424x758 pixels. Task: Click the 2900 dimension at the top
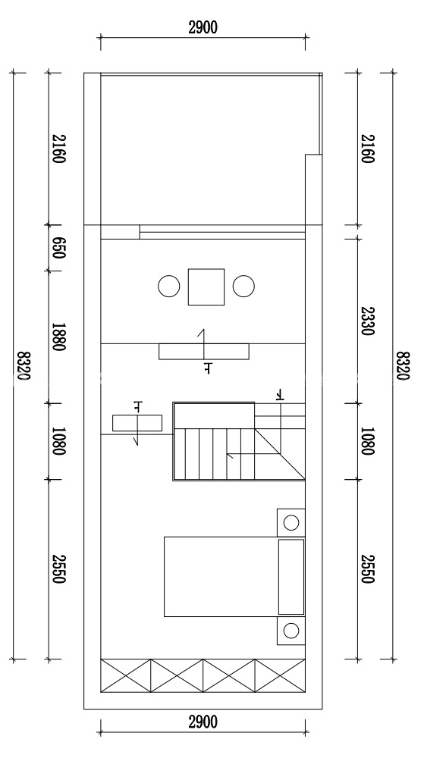click(x=203, y=27)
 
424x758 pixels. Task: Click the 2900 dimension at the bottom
click(x=203, y=722)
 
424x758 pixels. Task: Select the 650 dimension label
click(x=58, y=248)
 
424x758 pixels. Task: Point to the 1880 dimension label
click(x=58, y=337)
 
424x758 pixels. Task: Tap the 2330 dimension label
click(x=367, y=321)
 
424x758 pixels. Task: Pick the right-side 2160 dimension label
click(x=367, y=149)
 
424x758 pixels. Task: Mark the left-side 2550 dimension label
click(x=58, y=569)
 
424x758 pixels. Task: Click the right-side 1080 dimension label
click(x=367, y=441)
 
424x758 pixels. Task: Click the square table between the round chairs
click(x=206, y=287)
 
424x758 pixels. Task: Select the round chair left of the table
click(x=168, y=287)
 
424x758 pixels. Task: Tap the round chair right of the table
click(x=243, y=287)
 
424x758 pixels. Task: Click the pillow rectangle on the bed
click(x=291, y=577)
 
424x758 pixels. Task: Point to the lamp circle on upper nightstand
click(x=291, y=522)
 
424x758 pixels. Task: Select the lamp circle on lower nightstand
click(x=291, y=631)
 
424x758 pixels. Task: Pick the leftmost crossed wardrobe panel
click(x=126, y=676)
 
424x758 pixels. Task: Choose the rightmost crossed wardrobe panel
click(x=281, y=676)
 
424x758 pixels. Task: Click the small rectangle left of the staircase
click(x=137, y=423)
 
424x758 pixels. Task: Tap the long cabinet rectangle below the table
click(x=204, y=352)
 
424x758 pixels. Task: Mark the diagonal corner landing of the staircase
click(x=281, y=453)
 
